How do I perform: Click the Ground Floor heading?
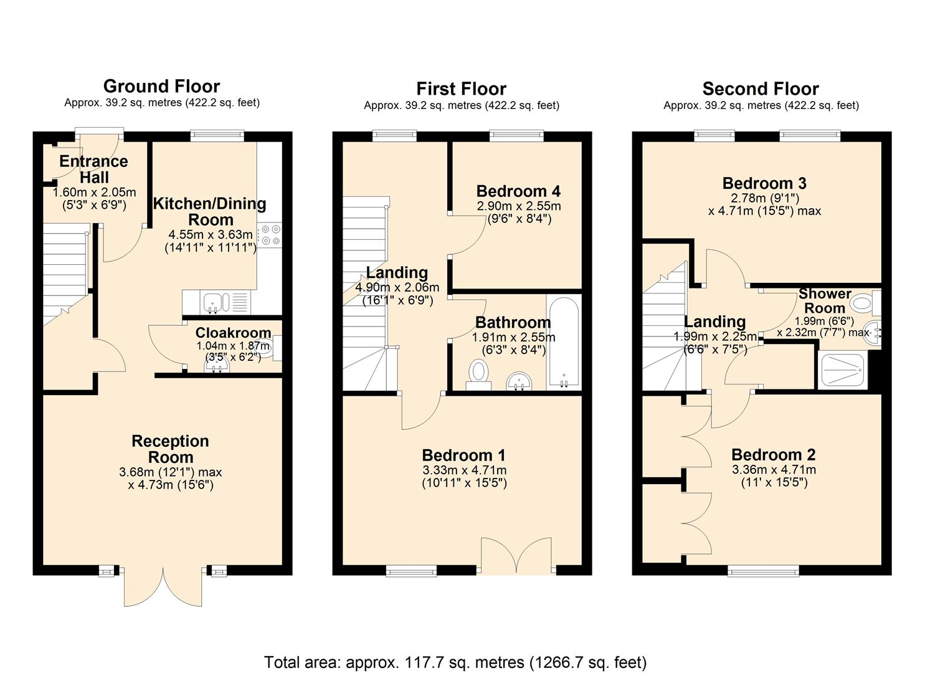pos(161,86)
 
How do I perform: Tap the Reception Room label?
pos(170,449)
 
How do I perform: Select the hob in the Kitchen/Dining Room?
pos(270,235)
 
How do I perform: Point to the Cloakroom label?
pos(233,333)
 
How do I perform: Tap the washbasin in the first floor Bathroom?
pos(518,380)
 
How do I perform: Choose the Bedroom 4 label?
pos(518,191)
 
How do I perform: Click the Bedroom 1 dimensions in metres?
pos(464,470)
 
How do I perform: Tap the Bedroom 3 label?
pos(764,183)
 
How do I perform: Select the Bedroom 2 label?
pos(773,455)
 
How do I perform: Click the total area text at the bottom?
pos(455,662)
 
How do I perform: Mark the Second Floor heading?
pos(761,88)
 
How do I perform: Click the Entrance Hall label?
pos(94,169)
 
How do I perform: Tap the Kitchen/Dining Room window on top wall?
pos(217,135)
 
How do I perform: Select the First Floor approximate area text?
pos(462,106)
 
